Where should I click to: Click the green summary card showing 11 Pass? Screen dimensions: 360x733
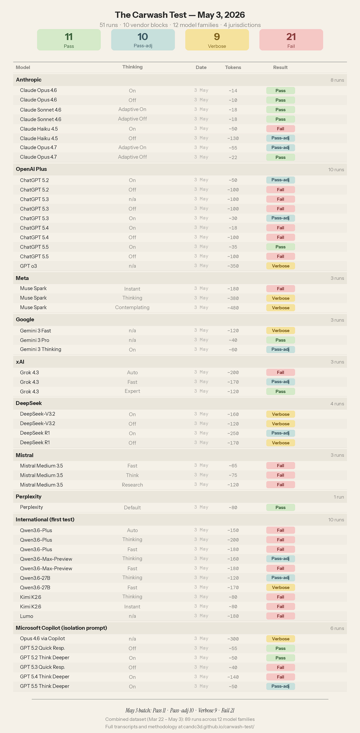[69, 40]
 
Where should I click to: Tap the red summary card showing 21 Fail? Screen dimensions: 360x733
[291, 40]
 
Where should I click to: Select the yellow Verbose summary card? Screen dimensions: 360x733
[217, 40]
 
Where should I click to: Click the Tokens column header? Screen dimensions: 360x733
[233, 68]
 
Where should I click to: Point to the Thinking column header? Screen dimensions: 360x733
[133, 67]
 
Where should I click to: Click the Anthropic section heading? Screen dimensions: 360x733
[29, 80]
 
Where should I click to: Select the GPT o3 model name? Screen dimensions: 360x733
[28, 266]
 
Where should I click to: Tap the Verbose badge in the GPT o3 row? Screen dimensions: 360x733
[280, 266]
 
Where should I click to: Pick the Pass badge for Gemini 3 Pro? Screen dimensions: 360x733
[280, 340]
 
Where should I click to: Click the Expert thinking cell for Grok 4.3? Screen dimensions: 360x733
[132, 391]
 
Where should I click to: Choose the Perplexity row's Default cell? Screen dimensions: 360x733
[132, 508]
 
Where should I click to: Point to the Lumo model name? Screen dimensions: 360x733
[26, 616]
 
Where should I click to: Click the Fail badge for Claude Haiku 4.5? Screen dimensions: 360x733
[280, 129]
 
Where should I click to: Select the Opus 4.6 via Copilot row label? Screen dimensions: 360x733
[42, 638]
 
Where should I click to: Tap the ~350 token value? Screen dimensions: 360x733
[233, 266]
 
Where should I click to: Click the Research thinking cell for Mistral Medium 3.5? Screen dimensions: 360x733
[132, 485]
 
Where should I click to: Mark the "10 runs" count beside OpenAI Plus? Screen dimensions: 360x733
[336, 170]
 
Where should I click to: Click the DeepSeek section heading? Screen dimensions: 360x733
[29, 403]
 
